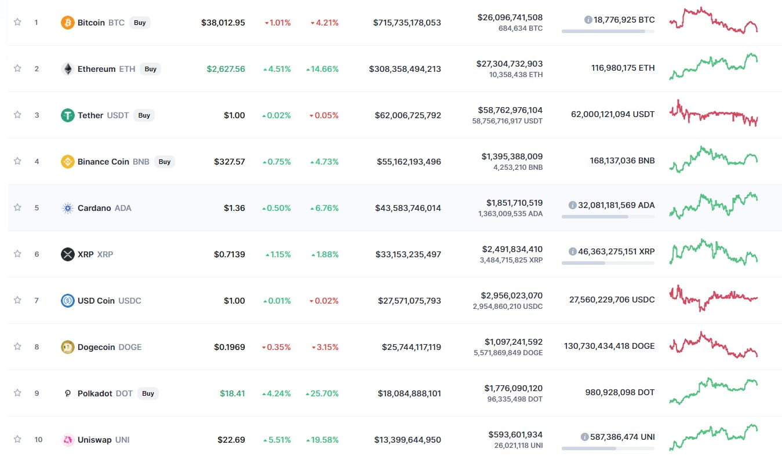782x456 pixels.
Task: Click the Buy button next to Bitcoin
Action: point(140,23)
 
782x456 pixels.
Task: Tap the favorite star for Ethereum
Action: point(17,68)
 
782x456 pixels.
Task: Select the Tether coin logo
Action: point(68,115)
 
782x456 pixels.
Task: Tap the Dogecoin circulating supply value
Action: point(609,346)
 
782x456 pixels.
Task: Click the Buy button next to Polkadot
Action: point(148,393)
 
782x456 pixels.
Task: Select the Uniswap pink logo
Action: point(68,440)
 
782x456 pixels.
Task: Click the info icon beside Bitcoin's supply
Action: point(588,20)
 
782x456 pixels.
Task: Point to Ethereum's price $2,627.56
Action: point(225,69)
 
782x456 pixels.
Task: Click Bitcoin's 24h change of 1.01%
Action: point(278,23)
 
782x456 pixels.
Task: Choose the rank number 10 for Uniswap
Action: point(38,440)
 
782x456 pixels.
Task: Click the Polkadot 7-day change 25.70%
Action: point(322,393)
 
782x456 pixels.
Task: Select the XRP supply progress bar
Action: point(608,263)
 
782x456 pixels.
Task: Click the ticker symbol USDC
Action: point(130,301)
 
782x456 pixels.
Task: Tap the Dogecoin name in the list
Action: point(96,347)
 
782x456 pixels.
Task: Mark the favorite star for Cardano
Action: point(17,207)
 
